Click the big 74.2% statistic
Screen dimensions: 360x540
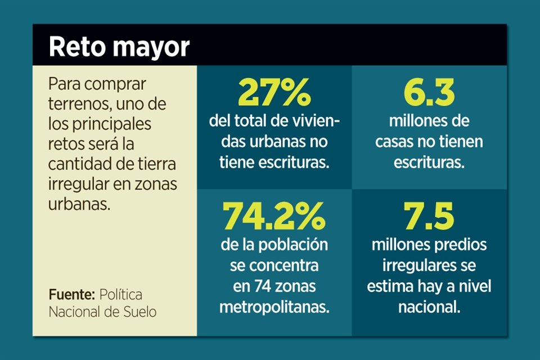pyautogui.click(x=274, y=216)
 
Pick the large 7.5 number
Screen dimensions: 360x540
pyautogui.click(x=429, y=216)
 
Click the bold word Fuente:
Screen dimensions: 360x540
pyautogui.click(x=71, y=294)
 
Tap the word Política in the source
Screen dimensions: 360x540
pyautogui.click(x=121, y=294)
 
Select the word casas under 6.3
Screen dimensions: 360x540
pyautogui.click(x=395, y=142)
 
